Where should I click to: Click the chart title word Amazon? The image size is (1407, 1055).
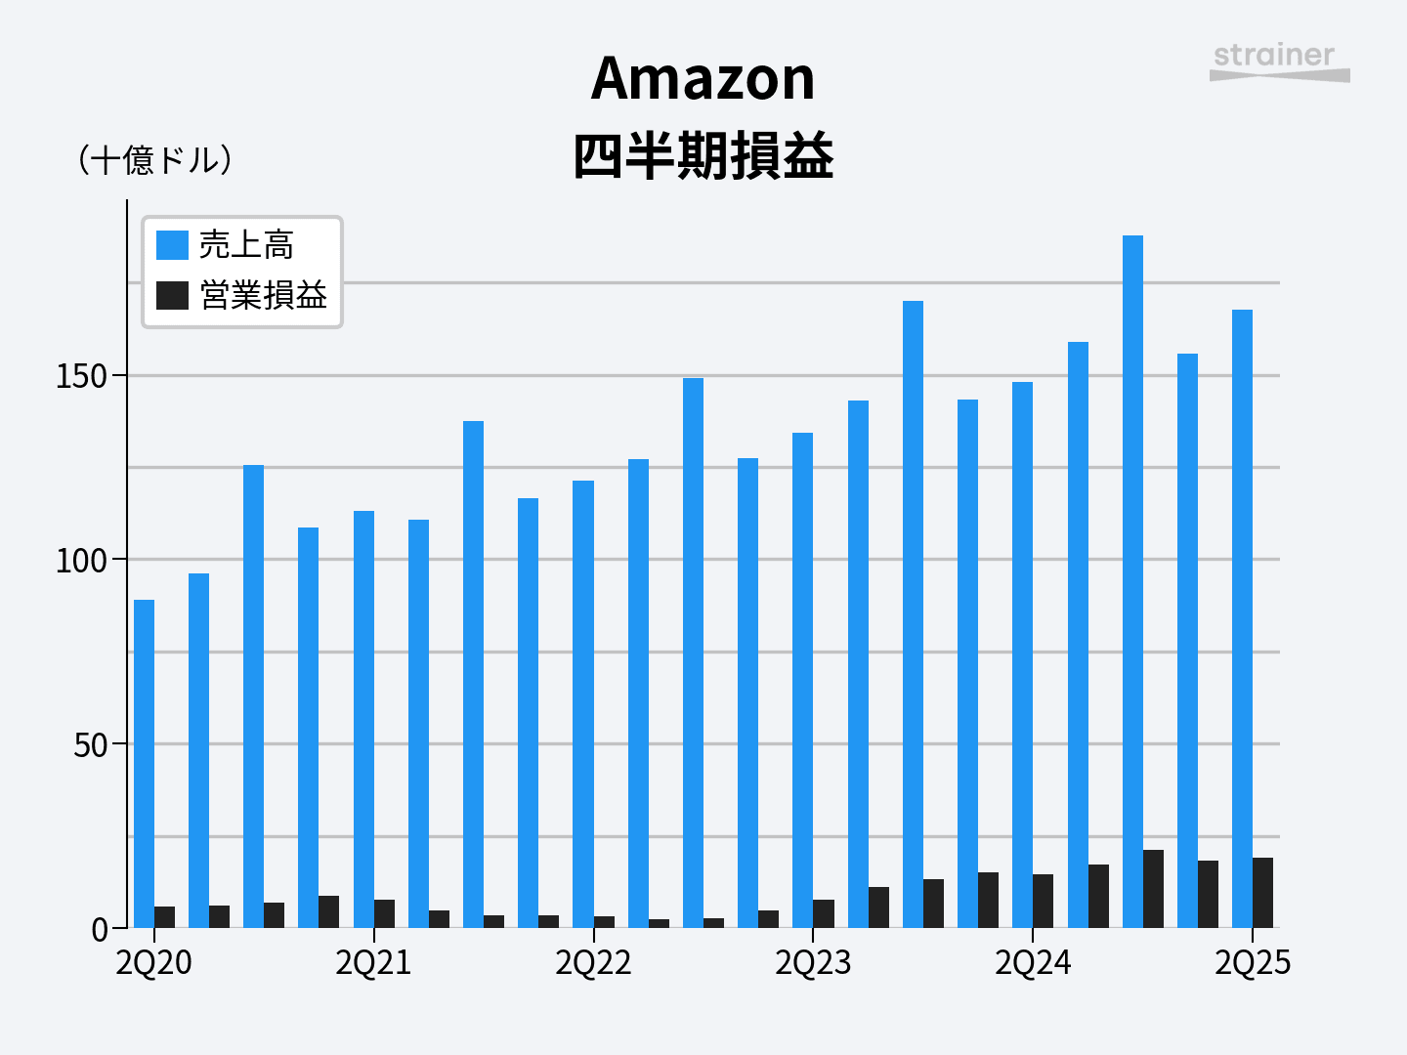703,78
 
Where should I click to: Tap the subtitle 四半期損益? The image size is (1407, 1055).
703,156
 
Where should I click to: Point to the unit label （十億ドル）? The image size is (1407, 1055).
155,160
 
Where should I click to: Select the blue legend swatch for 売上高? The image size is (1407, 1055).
172,245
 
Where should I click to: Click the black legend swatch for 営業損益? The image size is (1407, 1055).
172,295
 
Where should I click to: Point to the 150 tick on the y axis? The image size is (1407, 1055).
81,376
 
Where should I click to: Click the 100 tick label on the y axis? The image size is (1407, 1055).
81,561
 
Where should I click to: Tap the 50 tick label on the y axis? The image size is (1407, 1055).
90,745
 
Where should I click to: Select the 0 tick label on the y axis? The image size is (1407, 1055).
100,930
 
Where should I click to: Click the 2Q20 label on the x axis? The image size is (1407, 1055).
153,963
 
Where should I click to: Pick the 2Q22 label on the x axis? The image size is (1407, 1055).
593,963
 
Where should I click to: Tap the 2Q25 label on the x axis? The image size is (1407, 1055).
1253,963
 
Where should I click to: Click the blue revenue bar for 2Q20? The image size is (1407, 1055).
144,762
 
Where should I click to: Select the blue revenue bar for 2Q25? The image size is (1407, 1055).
1242,615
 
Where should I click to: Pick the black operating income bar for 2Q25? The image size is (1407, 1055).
1262,893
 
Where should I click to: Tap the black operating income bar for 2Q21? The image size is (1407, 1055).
384,913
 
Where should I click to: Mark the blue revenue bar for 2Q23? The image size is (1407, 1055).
802,679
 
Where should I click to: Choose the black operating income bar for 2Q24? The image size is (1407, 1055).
1043,901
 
